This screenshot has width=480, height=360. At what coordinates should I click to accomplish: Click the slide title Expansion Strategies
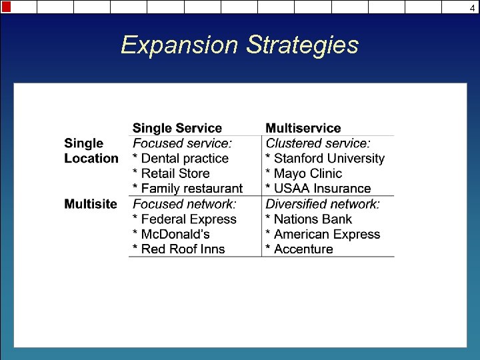[239, 45]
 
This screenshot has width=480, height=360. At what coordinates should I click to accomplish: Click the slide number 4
[473, 7]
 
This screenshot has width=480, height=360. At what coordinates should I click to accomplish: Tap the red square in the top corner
[6, 7]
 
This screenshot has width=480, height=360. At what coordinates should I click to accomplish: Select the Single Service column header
[177, 128]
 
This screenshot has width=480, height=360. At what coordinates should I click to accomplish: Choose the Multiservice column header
[303, 128]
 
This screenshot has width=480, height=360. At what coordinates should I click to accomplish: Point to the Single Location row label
[91, 151]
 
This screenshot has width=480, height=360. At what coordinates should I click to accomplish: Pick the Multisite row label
[91, 204]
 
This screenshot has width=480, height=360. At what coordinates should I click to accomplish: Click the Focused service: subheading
[183, 143]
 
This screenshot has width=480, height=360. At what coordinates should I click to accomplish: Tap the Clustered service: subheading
[318, 143]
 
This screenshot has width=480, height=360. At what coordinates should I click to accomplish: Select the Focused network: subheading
[185, 204]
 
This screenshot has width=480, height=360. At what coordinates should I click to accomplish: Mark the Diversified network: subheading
[323, 204]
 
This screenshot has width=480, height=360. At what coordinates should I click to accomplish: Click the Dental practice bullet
[181, 159]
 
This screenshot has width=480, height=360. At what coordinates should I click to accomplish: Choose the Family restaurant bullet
[187, 189]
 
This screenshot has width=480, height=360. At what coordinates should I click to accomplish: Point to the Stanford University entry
[325, 159]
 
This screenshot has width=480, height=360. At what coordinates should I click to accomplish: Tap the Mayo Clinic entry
[304, 173]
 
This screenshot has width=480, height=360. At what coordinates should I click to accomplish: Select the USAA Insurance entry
[318, 189]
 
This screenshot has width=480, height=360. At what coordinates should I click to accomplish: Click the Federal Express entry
[185, 219]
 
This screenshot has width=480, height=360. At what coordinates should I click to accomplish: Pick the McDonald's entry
[171, 234]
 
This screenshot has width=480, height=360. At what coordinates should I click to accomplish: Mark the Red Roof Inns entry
[179, 249]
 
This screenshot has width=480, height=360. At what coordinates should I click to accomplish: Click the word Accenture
[303, 249]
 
